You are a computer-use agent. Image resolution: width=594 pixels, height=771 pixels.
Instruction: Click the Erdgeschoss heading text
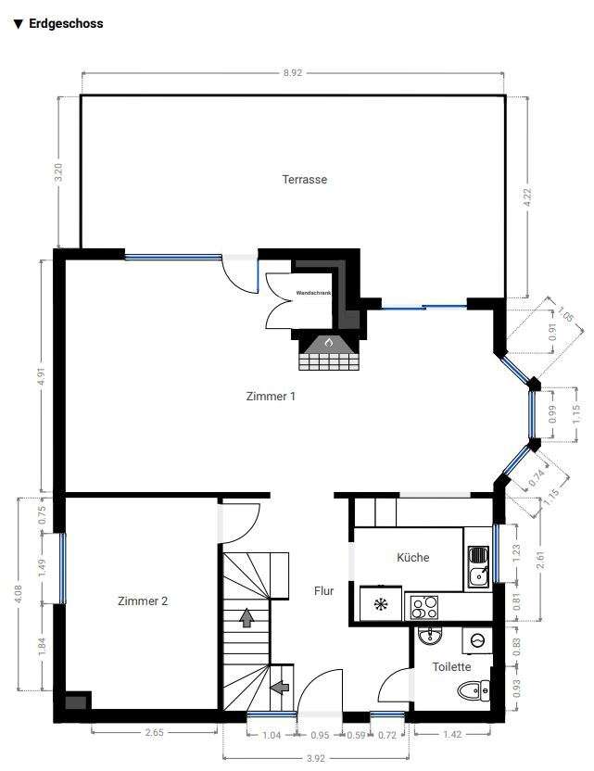click(x=65, y=24)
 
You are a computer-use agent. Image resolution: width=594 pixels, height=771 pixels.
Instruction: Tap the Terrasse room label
click(x=305, y=180)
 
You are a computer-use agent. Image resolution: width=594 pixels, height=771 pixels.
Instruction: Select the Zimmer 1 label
click(x=271, y=397)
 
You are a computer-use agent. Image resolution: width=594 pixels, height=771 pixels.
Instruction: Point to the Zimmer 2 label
click(x=143, y=600)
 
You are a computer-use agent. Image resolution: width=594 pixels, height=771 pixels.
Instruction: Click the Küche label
click(x=412, y=557)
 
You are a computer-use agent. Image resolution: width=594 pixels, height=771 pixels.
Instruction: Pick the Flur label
click(x=323, y=590)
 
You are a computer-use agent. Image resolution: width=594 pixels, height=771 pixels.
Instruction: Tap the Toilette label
click(x=451, y=666)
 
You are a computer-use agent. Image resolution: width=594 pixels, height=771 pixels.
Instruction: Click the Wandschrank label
click(x=312, y=293)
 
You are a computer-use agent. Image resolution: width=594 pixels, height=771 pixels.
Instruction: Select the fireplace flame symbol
click(x=327, y=343)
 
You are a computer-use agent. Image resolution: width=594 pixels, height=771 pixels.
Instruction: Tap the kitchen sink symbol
click(x=478, y=565)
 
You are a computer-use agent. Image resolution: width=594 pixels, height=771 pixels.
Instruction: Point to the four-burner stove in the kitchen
click(x=424, y=607)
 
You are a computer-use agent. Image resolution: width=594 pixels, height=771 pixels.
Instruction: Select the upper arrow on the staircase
click(x=247, y=617)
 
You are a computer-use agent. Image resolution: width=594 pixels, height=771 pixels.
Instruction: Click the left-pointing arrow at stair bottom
click(x=279, y=687)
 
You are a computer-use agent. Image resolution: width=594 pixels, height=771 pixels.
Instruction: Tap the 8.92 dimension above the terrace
click(x=294, y=70)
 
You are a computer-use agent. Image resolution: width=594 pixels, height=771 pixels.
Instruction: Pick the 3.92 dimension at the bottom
click(x=317, y=757)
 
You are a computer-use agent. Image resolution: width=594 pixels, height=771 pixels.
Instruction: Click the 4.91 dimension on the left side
click(x=40, y=376)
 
